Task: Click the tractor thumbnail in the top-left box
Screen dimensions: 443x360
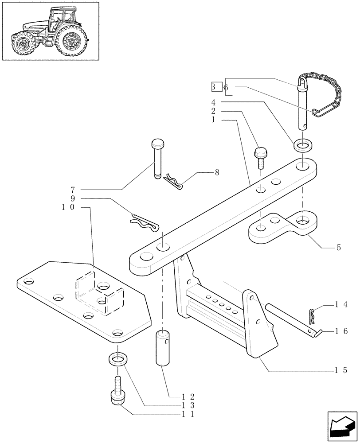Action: point(49,31)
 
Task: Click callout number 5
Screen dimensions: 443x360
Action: point(339,248)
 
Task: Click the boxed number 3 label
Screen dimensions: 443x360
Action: point(215,87)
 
